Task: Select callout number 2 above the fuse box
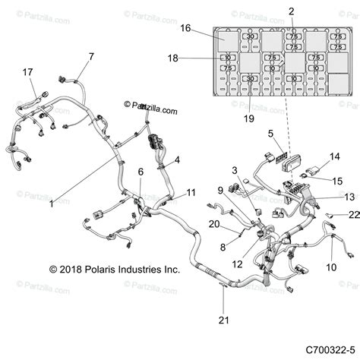[x=291, y=11]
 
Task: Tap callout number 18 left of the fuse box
[x=173, y=58]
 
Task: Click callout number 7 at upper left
[x=91, y=56]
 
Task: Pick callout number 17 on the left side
[x=29, y=72]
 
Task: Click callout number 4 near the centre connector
[x=177, y=159]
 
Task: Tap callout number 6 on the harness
[x=140, y=172]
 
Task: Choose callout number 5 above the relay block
[x=270, y=134]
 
